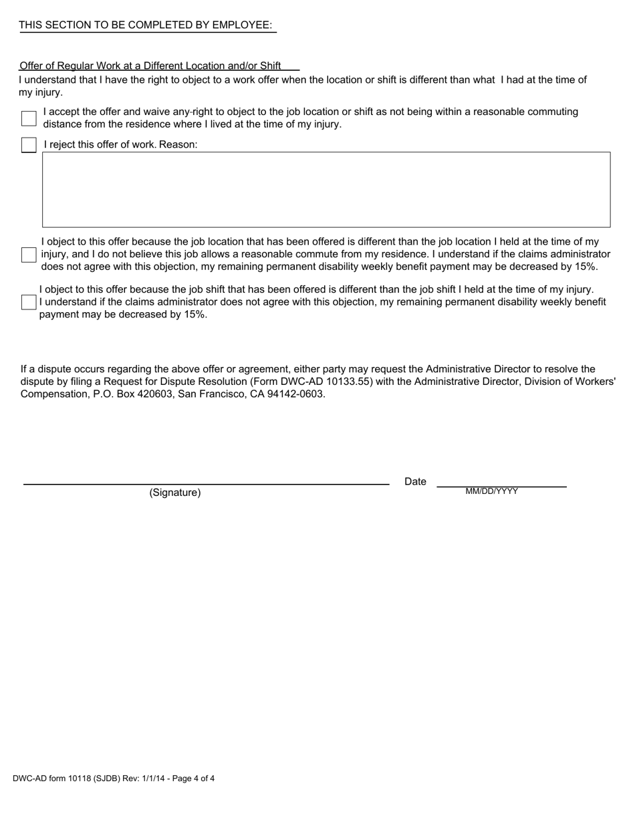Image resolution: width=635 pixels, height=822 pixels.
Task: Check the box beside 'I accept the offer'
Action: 29,118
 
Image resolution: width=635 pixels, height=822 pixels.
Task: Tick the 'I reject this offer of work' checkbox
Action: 29,145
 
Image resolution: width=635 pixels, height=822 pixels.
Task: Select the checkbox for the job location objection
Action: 29,255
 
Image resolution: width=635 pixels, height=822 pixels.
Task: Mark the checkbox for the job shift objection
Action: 29,302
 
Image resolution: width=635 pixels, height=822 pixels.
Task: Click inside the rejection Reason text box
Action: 326,190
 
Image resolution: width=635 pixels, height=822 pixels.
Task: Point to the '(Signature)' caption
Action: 175,493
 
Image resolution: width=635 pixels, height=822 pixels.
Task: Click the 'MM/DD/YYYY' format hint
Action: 492,491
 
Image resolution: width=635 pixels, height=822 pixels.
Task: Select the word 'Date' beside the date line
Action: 415,482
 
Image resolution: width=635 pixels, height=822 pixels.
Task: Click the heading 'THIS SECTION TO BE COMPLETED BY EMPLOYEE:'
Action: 146,25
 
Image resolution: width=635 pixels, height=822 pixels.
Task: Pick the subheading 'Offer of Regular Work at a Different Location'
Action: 150,66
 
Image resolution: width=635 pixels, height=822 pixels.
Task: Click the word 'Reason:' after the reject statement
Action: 178,145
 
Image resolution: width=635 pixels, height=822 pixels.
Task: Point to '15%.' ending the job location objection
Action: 586,267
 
